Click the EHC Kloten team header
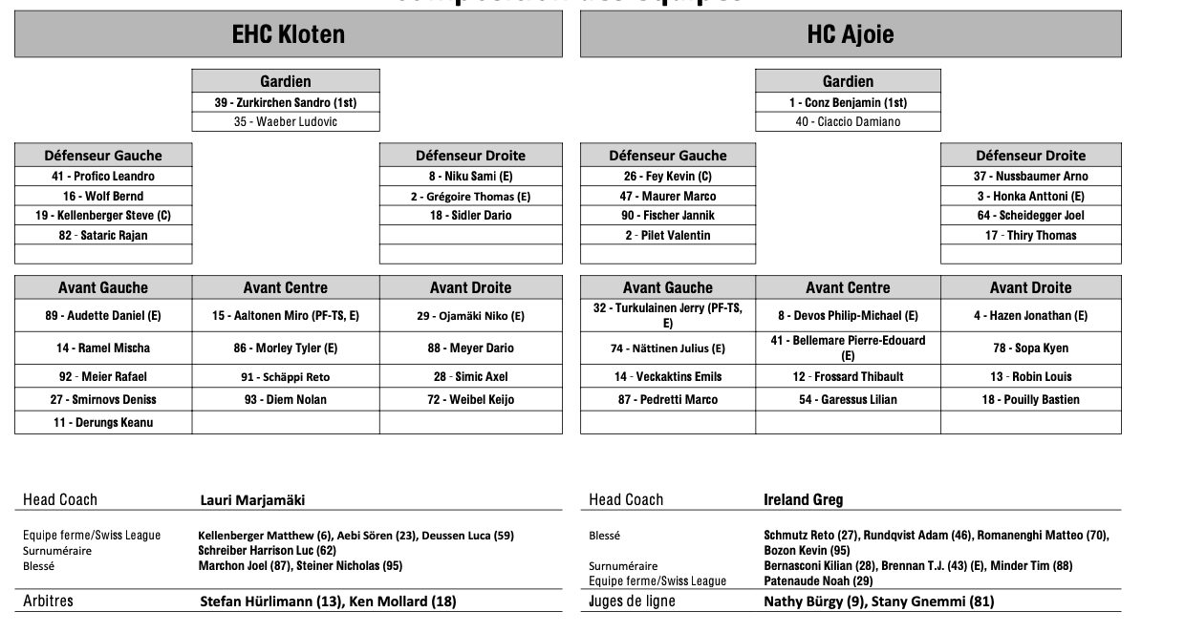288,35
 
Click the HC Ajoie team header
850,35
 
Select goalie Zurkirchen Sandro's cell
286,102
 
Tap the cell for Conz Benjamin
848,102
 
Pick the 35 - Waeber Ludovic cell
286,121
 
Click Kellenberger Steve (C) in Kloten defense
103,216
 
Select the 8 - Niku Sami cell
471,177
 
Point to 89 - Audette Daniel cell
103,316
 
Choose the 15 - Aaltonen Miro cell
286,316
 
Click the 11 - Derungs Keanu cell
103,423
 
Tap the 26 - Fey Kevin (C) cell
668,177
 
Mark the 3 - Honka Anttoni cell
1030,197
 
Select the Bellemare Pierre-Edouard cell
848,348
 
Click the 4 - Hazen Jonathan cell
1030,316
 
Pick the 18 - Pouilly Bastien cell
1030,400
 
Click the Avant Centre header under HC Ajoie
848,287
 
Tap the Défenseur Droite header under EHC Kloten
471,156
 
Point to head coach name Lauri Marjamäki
252,499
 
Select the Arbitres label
49,601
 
